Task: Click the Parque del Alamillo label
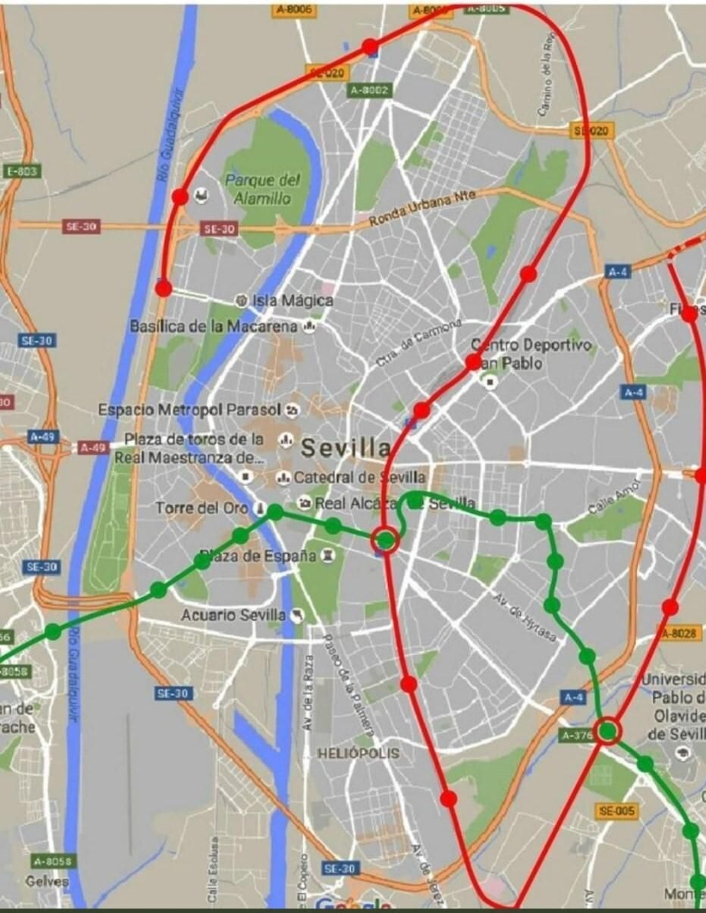pyautogui.click(x=263, y=189)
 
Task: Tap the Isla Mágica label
pyautogui.click(x=292, y=301)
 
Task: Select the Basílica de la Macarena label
pyautogui.click(x=214, y=327)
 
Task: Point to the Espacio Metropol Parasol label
pyautogui.click(x=189, y=410)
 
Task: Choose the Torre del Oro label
pyautogui.click(x=202, y=508)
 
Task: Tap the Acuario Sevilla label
pyautogui.click(x=233, y=615)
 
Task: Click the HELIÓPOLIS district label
pyautogui.click(x=358, y=753)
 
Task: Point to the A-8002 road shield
pyautogui.click(x=369, y=90)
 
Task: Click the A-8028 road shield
pyautogui.click(x=680, y=633)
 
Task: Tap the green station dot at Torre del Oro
pyautogui.click(x=275, y=512)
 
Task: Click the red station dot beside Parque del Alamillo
pyautogui.click(x=180, y=196)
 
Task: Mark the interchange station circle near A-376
pyautogui.click(x=608, y=731)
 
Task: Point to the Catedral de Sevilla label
pyautogui.click(x=359, y=477)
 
